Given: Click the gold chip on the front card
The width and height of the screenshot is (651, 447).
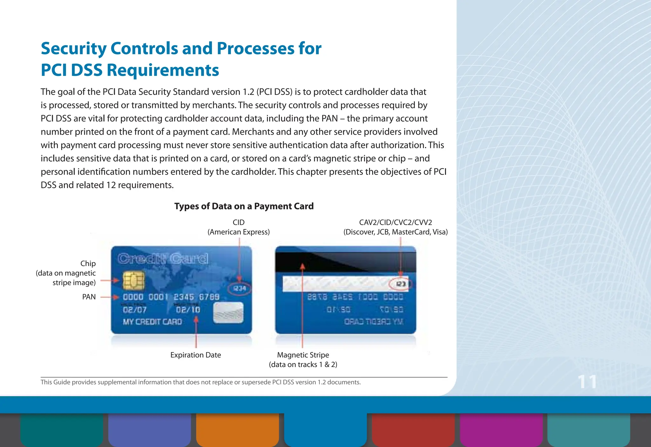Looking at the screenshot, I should coord(134,281).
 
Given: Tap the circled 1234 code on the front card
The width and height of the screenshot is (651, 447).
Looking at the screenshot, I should coord(240,289).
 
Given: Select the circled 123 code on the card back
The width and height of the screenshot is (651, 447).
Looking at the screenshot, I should coord(401,284).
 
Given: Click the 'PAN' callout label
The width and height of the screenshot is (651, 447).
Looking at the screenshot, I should coord(89,297).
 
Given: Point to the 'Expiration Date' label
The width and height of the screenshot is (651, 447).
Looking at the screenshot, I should coord(195,355).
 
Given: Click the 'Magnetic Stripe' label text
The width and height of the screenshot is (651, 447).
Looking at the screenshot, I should coord(303,355).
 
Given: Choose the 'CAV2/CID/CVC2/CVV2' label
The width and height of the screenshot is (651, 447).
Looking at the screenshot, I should coord(395,223).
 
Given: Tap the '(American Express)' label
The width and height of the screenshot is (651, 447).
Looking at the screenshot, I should coord(238,232).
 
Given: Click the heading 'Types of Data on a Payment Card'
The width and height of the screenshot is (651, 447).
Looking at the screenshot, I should coord(244,206).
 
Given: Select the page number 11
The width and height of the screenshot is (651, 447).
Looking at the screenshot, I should coord(587,382).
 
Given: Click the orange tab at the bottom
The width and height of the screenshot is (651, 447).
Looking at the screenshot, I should coord(237,430).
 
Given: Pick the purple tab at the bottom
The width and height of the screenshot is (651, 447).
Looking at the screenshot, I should coord(501,430).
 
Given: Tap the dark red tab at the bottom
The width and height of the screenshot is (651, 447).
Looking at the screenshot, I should coord(413,430).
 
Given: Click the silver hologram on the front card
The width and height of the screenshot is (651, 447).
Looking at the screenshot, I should coord(228,313).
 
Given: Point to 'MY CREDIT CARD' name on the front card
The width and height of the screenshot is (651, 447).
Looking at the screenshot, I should coord(152,322).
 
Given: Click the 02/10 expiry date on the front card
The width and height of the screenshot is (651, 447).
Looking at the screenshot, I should coord(188,310).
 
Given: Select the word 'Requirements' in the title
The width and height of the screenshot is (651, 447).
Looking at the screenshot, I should coord(162,70).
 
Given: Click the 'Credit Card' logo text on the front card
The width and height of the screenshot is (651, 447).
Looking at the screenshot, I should coord(163,259).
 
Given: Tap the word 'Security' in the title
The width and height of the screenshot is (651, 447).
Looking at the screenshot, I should coord(73,49).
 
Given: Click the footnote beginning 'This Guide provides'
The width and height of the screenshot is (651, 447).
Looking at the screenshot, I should coord(200,382).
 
